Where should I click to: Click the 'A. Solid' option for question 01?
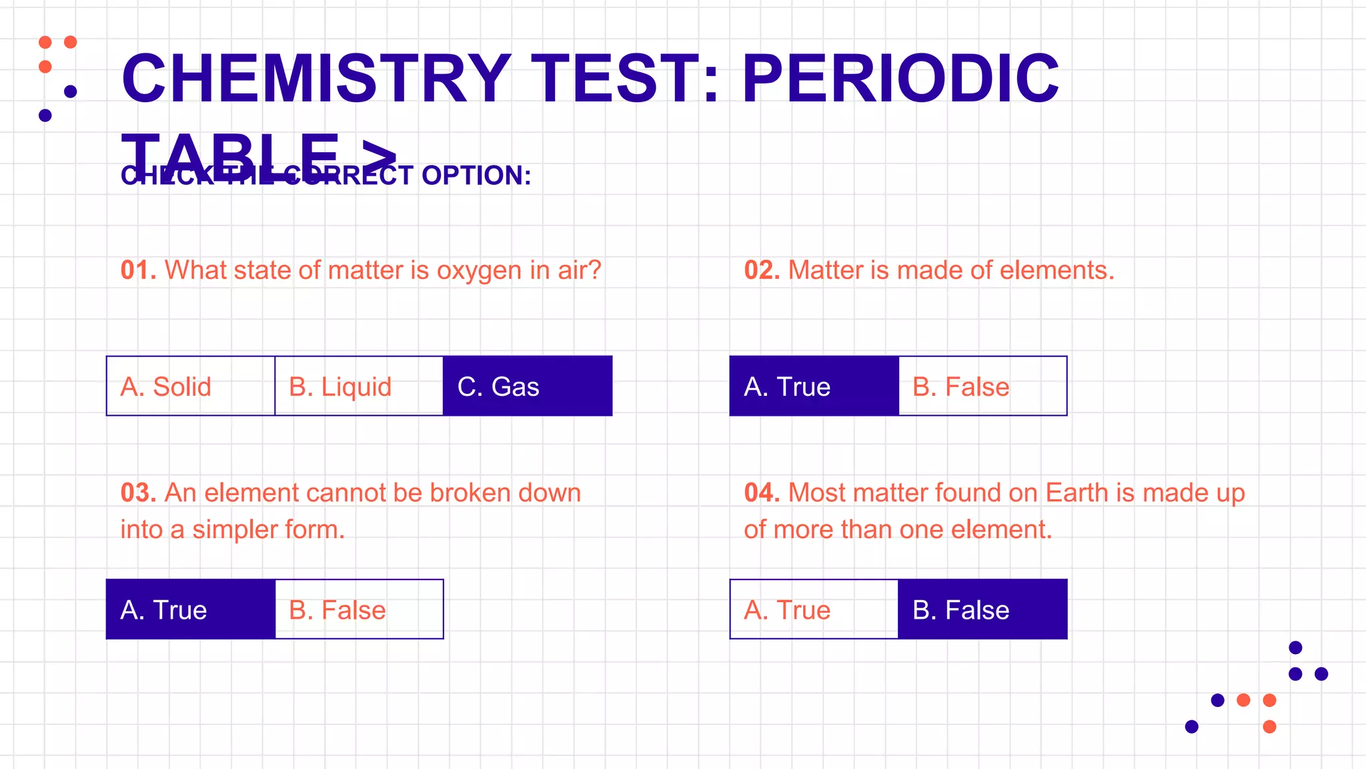click(x=191, y=387)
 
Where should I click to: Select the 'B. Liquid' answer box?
click(x=359, y=387)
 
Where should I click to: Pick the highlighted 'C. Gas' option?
click(x=528, y=387)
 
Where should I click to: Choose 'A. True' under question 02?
click(x=814, y=387)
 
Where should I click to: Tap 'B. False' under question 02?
click(x=982, y=387)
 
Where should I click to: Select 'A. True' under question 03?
click(x=191, y=609)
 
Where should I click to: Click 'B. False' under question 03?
click(x=359, y=609)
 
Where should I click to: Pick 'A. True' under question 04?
click(x=814, y=609)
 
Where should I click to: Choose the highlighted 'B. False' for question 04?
click(x=982, y=609)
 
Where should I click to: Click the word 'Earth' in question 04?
click(x=1077, y=493)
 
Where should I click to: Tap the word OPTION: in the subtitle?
click(x=476, y=176)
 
